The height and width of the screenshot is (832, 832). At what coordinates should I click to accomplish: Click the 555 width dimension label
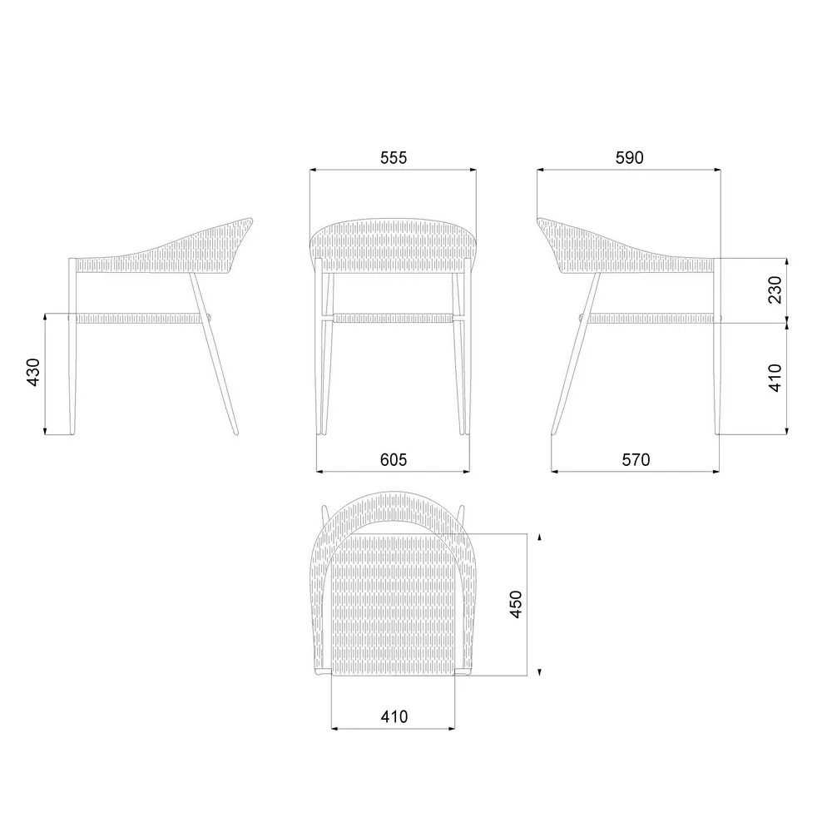tap(393, 158)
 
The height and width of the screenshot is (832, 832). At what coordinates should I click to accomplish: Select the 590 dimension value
tap(628, 158)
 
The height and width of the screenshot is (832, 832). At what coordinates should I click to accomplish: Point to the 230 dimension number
tap(775, 290)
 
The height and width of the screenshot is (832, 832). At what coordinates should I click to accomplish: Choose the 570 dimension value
tap(635, 459)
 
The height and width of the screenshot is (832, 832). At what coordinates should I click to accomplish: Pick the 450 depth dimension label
tap(516, 604)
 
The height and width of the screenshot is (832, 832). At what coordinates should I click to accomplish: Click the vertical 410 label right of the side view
tap(775, 378)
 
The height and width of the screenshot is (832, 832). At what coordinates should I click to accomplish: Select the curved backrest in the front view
tap(393, 241)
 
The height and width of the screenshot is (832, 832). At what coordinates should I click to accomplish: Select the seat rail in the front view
tap(393, 317)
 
